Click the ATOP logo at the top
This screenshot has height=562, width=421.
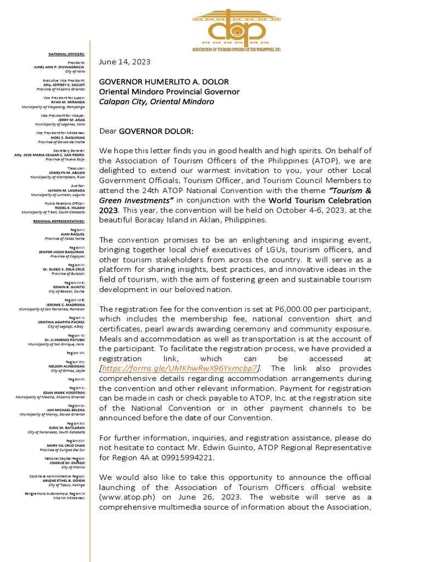pyautogui.click(x=236, y=26)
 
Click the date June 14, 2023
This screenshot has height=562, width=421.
pyautogui.click(x=124, y=62)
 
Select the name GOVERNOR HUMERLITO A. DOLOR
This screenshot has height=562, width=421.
pyautogui.click(x=163, y=82)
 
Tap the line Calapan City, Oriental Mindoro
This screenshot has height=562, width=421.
pyautogui.click(x=156, y=102)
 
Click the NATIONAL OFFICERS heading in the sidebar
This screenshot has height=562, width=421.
pyautogui.click(x=66, y=54)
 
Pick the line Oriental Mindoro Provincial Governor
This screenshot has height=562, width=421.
pyautogui.click(x=169, y=92)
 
